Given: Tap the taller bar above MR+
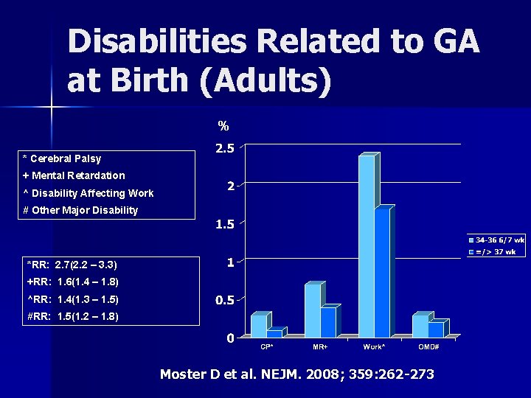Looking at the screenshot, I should pos(313,310).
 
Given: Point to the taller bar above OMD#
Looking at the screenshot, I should pos(420,326).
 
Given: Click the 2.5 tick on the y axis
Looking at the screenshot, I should pos(224,148).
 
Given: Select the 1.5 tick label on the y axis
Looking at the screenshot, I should pos(224,225).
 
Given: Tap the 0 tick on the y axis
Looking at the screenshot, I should pos(230,338).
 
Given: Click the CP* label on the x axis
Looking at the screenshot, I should pos(266,346).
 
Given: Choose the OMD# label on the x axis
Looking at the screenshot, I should pos(429,346).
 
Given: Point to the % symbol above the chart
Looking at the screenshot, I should pos(223,126).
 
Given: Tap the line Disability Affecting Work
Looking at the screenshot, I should pos(93,193).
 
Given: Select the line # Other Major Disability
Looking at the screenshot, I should pos(80,210).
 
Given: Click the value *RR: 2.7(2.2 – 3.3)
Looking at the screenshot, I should pos(72,264).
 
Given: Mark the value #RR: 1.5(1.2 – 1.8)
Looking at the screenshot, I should pos(72,316).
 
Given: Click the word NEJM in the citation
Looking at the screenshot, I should pos(263,374).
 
